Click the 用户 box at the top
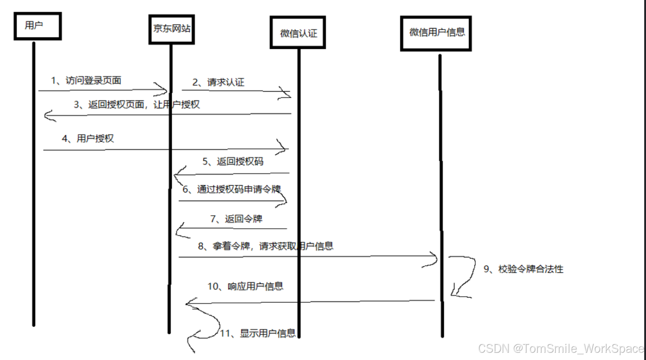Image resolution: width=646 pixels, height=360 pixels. [37, 26]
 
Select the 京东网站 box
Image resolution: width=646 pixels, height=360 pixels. [172, 29]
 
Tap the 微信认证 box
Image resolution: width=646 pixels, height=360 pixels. [298, 33]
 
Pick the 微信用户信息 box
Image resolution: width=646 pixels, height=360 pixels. [436, 33]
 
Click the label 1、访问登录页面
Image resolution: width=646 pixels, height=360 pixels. [86, 80]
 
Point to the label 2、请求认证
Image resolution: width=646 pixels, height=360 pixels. [218, 82]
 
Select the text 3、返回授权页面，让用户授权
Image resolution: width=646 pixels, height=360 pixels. [137, 105]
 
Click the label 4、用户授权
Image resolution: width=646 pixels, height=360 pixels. [88, 138]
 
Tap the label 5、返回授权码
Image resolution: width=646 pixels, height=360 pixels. [233, 162]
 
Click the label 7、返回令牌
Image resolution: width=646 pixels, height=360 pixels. [236, 219]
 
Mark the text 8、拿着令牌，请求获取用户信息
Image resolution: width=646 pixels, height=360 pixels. [265, 246]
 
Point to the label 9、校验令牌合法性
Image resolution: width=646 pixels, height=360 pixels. [523, 269]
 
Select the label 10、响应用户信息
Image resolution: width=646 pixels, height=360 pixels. [245, 286]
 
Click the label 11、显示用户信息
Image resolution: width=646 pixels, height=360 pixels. [258, 333]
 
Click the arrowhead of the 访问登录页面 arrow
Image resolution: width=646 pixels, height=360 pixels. [162, 89]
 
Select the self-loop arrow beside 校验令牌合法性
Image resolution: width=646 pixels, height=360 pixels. [463, 276]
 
